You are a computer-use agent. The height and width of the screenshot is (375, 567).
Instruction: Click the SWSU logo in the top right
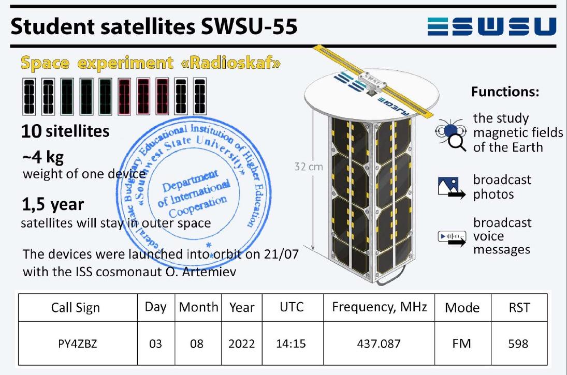coord(492,26)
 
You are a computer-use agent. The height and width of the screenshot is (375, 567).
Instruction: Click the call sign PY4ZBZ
coord(78,343)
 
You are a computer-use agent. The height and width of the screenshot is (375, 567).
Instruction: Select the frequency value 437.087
coord(379,343)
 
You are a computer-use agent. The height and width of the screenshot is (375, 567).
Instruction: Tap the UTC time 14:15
coord(290,343)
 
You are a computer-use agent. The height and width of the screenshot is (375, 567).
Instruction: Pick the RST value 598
coord(518,343)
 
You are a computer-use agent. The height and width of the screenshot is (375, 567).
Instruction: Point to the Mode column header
coord(462,308)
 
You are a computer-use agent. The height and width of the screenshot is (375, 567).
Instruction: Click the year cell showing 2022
coord(241,343)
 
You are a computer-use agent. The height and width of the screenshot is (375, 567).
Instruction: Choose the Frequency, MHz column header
coord(380,307)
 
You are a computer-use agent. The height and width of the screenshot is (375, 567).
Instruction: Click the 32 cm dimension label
coord(309,167)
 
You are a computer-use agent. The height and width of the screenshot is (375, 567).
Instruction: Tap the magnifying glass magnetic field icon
coord(450,135)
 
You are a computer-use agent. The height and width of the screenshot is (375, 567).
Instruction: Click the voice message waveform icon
coord(452,238)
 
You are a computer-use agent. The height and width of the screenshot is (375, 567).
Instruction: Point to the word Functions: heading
coord(505,92)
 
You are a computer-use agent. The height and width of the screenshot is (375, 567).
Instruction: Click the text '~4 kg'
coord(42,157)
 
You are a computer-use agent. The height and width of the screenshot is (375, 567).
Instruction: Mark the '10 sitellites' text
coord(65,131)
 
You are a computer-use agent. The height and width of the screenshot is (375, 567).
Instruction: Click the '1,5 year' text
coord(53,204)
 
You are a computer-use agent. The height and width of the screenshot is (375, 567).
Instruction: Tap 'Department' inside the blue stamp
coord(190,181)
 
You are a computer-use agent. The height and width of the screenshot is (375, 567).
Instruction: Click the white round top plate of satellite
coord(371,95)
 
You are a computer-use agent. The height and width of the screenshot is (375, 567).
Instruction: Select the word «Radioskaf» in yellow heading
coord(231,63)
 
